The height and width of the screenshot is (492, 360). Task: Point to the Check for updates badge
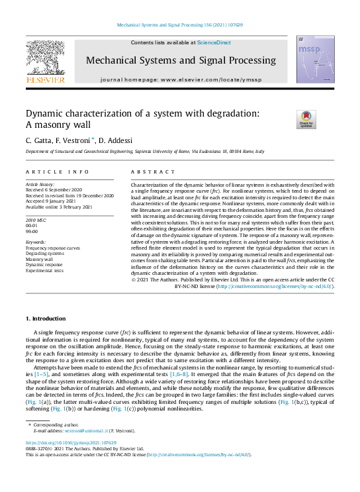point(306,119)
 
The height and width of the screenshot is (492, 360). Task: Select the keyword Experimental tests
point(44,271)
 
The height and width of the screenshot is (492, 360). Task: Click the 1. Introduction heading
point(48,319)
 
